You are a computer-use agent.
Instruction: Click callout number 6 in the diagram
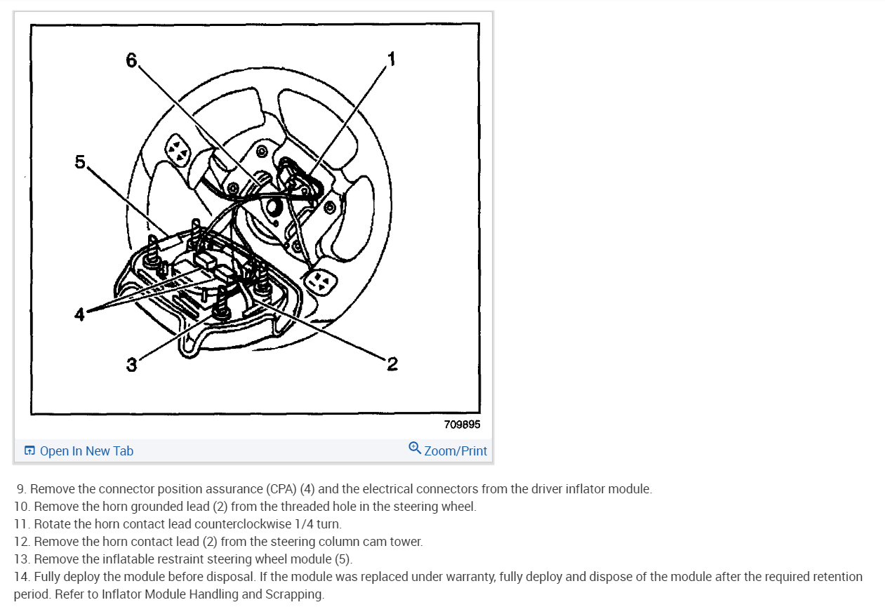point(131,61)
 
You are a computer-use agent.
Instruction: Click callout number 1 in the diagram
point(391,59)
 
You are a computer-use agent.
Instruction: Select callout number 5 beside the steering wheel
point(80,162)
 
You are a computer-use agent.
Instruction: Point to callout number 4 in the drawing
point(80,315)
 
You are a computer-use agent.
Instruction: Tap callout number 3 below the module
point(131,365)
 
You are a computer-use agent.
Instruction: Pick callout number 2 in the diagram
point(392,363)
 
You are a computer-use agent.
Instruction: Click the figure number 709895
point(462,425)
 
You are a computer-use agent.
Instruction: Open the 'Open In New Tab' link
point(86,451)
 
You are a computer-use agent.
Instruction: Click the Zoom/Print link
point(455,451)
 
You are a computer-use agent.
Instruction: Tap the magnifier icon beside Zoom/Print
point(415,448)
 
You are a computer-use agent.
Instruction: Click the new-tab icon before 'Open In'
point(29,451)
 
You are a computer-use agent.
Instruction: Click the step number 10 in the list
point(22,507)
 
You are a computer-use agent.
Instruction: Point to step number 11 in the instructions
point(22,524)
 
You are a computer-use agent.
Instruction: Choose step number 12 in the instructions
point(22,542)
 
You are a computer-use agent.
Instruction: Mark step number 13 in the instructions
point(22,559)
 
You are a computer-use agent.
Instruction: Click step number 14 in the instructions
point(22,577)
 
